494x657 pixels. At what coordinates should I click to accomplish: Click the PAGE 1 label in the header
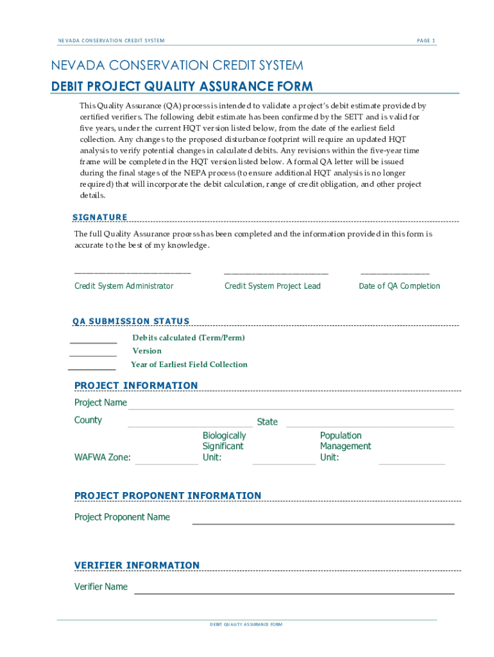tap(426, 40)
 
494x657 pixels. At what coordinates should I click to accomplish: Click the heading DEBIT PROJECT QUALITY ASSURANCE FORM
tap(182, 87)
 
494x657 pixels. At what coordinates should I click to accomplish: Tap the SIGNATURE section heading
tap(101, 217)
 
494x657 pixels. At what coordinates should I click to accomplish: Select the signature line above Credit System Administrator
tap(133, 273)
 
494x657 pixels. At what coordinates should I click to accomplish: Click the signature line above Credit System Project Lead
tap(276, 273)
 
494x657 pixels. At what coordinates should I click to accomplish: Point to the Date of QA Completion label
tap(399, 286)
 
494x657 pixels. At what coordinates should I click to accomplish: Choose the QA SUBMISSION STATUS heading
tap(131, 321)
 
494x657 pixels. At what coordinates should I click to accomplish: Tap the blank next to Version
tap(93, 355)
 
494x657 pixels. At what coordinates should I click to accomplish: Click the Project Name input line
tap(291, 408)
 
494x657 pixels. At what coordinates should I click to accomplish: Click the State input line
tap(370, 426)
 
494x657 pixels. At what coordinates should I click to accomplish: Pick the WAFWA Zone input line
tap(167, 463)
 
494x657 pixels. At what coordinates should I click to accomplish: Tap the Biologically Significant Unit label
tap(224, 446)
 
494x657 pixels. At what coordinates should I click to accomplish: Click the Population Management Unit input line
tap(412, 463)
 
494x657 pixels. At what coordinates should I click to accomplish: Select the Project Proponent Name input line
tap(323, 524)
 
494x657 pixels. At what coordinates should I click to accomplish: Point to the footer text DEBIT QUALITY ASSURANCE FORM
tap(246, 624)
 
